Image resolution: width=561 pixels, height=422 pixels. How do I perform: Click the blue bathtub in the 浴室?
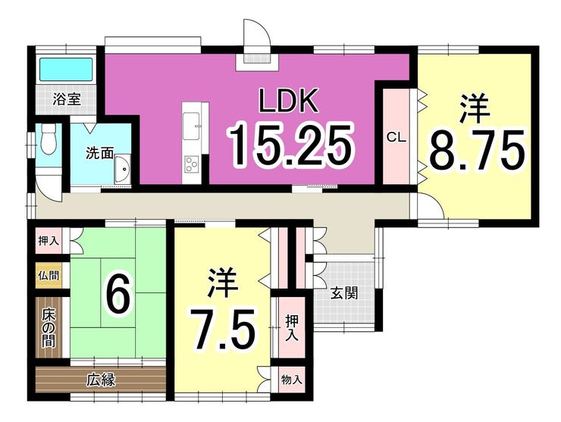point(65,69)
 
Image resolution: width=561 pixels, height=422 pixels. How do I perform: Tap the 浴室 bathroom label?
point(66,99)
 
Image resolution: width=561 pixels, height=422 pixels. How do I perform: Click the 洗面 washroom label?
point(99,153)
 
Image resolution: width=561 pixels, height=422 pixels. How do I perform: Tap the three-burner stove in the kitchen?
point(191,165)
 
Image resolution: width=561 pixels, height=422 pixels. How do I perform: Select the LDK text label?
point(288,101)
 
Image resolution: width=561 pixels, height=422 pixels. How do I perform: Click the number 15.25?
point(291,145)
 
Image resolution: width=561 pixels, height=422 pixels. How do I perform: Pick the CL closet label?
point(396,137)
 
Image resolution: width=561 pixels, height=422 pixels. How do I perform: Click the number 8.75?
point(477,149)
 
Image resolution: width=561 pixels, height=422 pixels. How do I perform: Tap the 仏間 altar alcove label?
point(49,276)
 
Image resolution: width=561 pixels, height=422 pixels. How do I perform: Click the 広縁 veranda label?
point(101,380)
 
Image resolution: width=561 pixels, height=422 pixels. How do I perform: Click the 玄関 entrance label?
point(344,294)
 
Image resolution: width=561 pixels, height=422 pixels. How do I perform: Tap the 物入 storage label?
point(292,380)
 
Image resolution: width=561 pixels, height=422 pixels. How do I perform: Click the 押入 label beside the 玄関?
point(292,327)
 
